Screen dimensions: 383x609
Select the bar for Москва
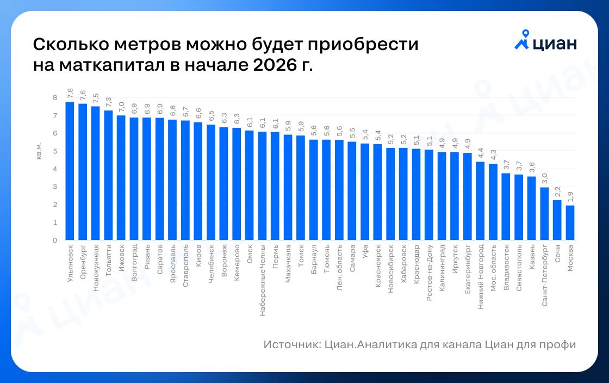click(x=570, y=223)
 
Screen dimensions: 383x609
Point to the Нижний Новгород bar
click(x=480, y=201)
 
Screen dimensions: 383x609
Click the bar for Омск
click(x=250, y=185)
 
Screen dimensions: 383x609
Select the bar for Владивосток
click(x=506, y=207)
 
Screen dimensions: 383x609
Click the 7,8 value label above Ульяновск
click(x=70, y=92)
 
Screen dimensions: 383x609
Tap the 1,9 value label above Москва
click(x=570, y=196)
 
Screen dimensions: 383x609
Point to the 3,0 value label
click(x=544, y=178)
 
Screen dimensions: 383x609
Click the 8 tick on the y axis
click(x=54, y=98)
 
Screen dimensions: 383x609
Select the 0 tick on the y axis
click(x=54, y=240)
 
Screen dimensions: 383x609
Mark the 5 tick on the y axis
click(x=54, y=151)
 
